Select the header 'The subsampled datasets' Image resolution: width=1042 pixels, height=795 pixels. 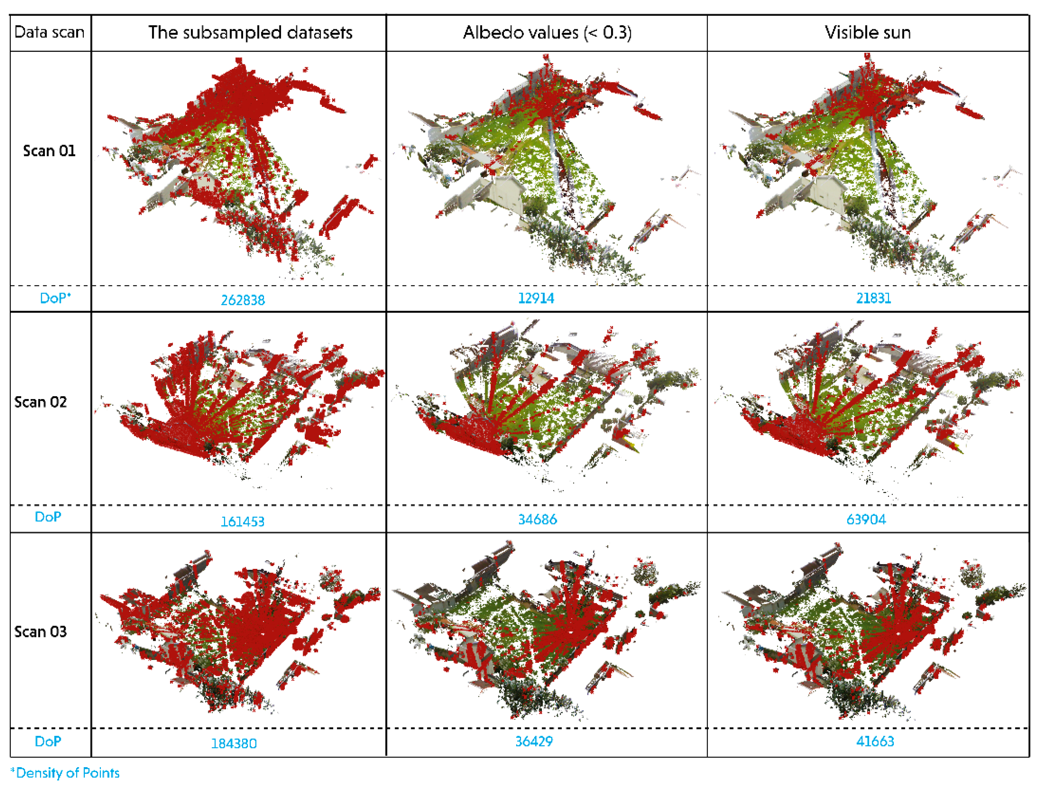(x=250, y=32)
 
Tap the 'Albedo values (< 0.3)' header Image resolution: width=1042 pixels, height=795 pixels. (x=547, y=32)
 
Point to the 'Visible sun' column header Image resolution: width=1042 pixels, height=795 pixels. (x=867, y=32)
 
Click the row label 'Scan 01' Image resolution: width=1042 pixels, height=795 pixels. (x=49, y=151)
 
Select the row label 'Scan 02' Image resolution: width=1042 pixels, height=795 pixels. (x=41, y=402)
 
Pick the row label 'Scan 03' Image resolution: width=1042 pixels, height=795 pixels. (x=41, y=632)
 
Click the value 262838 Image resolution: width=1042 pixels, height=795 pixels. (x=243, y=300)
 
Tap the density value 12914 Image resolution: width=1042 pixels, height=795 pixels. (x=536, y=298)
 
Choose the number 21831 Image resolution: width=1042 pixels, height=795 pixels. (x=873, y=298)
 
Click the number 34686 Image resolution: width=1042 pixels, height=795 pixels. (x=537, y=519)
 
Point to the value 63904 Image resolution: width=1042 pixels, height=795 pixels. (x=866, y=519)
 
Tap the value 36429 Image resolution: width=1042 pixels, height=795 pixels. (x=534, y=741)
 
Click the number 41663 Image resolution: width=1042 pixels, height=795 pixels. (x=875, y=741)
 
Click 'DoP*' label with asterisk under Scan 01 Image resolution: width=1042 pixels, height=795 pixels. (x=55, y=298)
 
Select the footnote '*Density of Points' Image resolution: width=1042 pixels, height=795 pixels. (x=65, y=773)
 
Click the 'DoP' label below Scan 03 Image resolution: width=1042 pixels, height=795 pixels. (x=48, y=741)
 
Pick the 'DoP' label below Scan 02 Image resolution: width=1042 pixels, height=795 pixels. (x=48, y=517)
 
